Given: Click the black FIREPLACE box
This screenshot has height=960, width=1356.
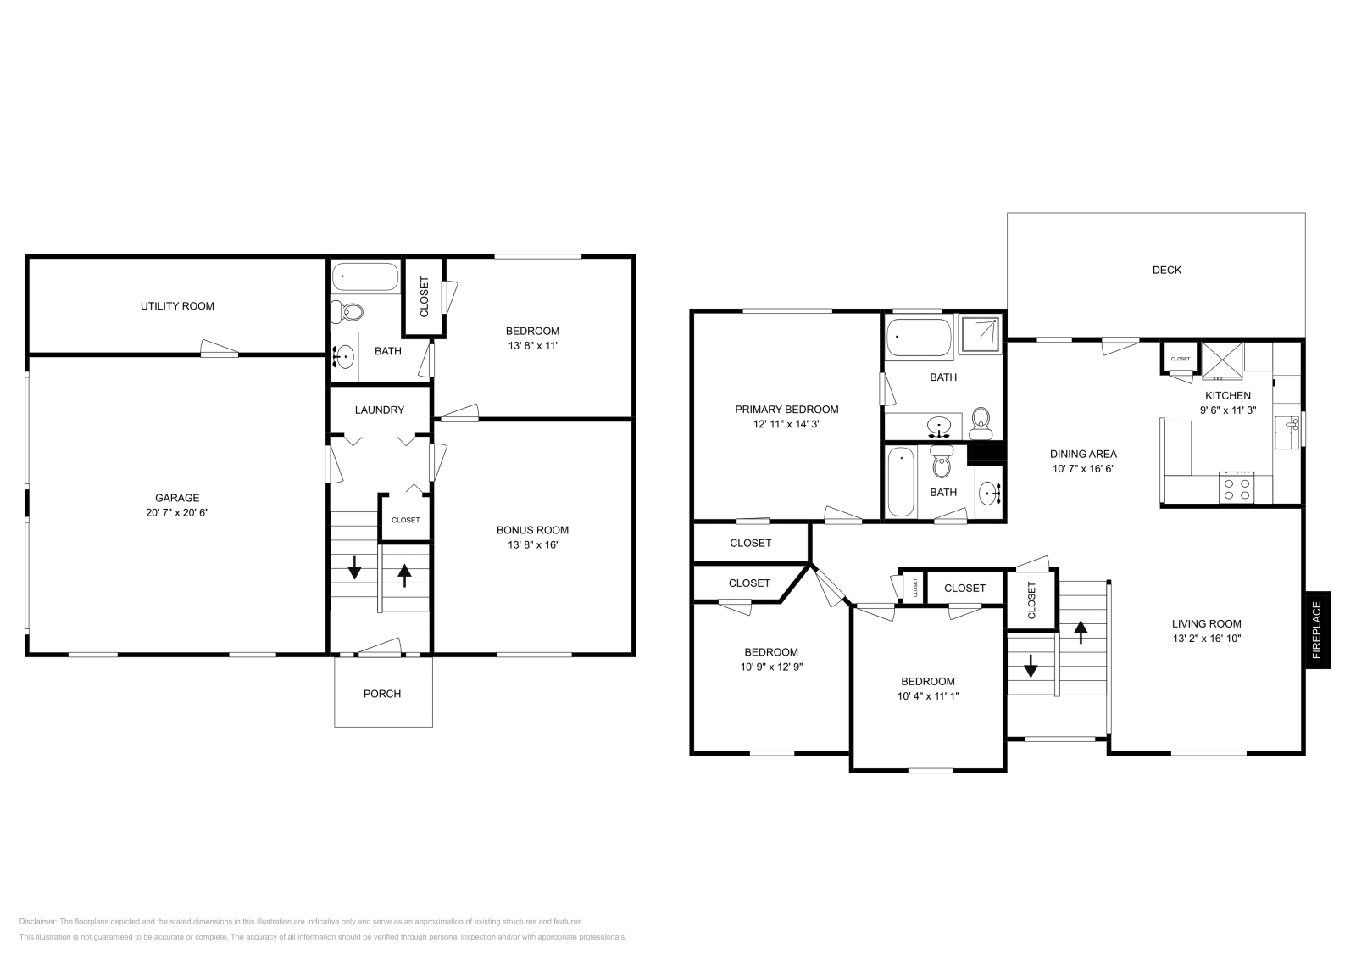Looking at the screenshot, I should coord(1317,629).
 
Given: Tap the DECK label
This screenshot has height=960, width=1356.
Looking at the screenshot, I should coord(1166,270).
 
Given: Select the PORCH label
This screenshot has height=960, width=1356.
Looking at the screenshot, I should coord(381,694).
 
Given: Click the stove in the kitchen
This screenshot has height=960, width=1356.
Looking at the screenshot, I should coord(1235,488).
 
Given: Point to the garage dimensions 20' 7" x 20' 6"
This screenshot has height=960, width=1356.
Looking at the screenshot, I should coord(177,512).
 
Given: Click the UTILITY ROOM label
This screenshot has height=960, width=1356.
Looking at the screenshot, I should coord(177,306).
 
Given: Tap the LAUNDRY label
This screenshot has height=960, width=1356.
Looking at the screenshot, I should coord(379,410).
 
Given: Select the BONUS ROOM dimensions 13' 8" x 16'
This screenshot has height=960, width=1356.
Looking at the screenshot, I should coord(532,544).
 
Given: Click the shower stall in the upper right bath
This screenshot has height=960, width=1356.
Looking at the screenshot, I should coord(979,335).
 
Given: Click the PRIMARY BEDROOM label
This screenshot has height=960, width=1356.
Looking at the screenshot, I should coord(786,409).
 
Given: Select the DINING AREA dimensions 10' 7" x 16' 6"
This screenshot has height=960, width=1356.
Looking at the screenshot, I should coord(1084,468).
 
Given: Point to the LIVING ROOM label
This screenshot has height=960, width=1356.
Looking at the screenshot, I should coord(1207,623).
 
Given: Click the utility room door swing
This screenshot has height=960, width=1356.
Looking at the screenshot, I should coord(219,349).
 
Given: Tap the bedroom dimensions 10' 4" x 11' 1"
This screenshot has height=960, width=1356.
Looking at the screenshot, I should coord(927,695).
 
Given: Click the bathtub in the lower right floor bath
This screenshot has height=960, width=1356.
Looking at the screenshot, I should coord(900,482).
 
